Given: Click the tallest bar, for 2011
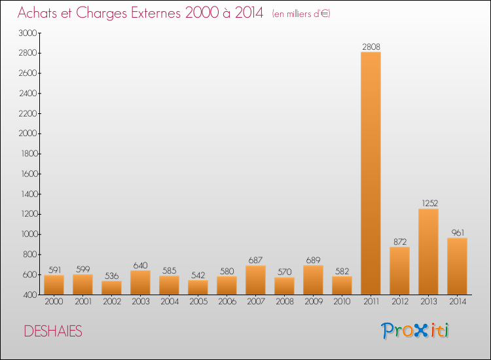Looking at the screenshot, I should tap(371, 173).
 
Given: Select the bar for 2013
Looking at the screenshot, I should tap(428, 252).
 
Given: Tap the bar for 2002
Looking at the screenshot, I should tap(111, 288).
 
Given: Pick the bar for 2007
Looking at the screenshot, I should tap(255, 280).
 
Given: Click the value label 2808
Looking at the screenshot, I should tap(371, 46).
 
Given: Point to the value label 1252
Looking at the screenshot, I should tap(428, 204).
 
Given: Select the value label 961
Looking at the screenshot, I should tap(457, 232).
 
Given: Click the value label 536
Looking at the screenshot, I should tap(111, 276).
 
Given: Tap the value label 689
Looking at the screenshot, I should tap(313, 260).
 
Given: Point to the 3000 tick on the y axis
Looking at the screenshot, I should tap(27, 33).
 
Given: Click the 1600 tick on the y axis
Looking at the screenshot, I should tap(27, 174).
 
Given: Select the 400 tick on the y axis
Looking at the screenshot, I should tap(29, 295).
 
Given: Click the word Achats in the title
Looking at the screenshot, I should tap(39, 13).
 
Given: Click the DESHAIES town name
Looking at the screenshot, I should tap(53, 332).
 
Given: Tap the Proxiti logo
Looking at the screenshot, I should tap(416, 331).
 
